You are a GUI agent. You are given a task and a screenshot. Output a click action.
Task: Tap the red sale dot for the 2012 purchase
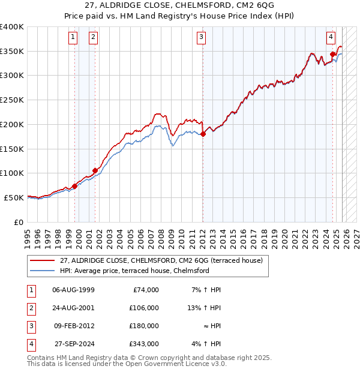pos(203,134)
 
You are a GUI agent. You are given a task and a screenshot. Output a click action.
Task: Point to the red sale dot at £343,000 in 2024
pos(332,55)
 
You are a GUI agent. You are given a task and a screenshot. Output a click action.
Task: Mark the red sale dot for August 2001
pos(95,170)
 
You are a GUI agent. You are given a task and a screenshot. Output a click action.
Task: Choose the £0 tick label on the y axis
pos(18,222)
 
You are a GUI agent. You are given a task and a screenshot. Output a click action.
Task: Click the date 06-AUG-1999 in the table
pos(73,290)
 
